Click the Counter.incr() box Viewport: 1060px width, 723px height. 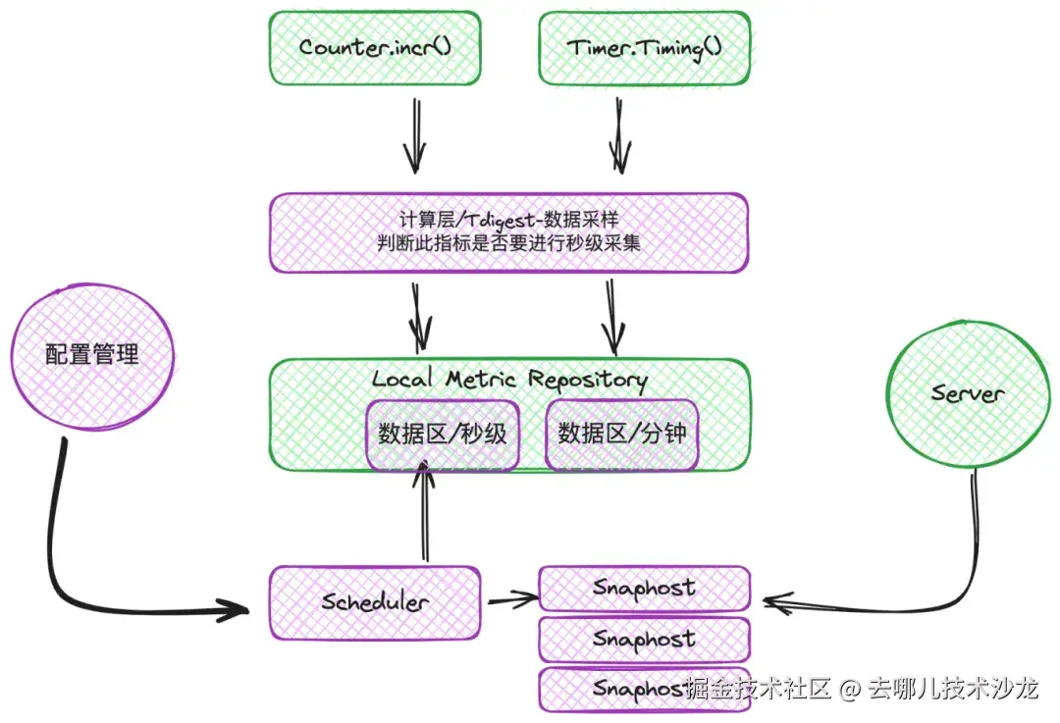(x=375, y=47)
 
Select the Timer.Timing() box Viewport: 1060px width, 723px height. (x=644, y=47)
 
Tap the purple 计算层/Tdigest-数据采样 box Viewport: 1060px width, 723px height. (x=509, y=232)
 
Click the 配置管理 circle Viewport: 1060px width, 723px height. (x=92, y=354)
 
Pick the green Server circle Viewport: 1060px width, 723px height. (x=968, y=393)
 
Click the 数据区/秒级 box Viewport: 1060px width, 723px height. (x=443, y=434)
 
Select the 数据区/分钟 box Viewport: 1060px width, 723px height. (x=621, y=434)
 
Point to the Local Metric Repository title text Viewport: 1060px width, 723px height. (x=509, y=380)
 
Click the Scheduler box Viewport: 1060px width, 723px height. (x=374, y=601)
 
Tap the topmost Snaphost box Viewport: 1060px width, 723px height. (x=644, y=588)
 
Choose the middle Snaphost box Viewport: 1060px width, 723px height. (x=644, y=639)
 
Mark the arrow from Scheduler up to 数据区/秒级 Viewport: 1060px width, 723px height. (x=424, y=515)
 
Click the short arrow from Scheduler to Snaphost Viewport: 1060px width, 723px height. (x=511, y=597)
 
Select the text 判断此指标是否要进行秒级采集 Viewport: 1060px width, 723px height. (x=509, y=244)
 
